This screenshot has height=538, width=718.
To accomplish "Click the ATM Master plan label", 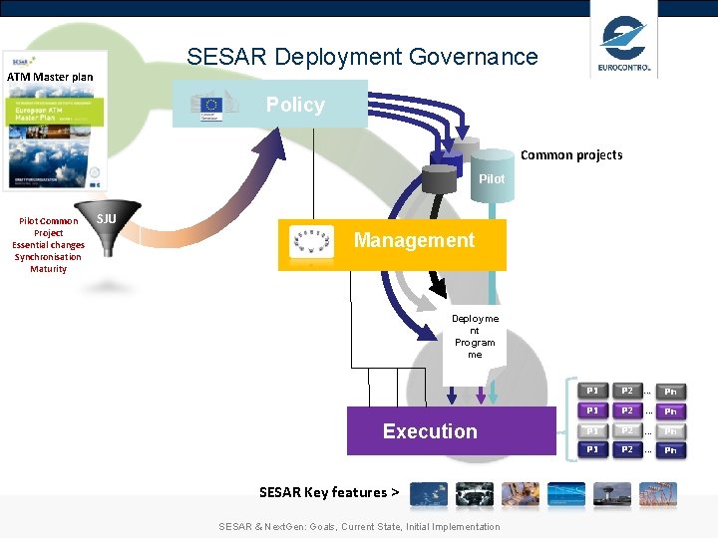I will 50,77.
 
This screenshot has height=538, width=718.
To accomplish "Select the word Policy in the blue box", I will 295,105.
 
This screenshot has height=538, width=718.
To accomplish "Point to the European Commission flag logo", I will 210,106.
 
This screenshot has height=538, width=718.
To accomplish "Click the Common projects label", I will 571,154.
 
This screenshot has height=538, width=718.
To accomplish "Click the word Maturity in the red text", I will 48,269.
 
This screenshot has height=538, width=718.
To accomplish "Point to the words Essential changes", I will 48,245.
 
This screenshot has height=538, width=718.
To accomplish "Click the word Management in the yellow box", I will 414,240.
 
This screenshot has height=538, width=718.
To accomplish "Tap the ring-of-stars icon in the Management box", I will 311,243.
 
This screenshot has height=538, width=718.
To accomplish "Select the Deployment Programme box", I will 475,337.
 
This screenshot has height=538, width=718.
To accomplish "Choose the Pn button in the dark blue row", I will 670,450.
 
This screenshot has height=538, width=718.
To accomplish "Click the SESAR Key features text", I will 329,492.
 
